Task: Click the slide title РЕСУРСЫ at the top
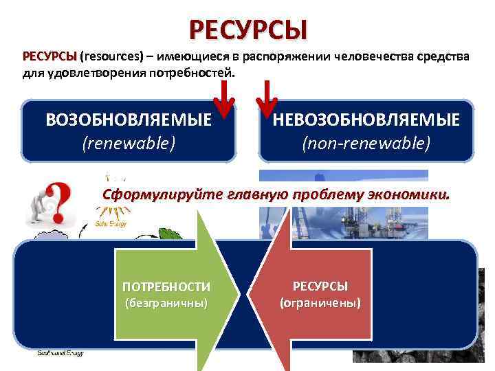click(248, 30)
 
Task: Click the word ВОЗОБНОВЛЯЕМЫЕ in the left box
click(129, 120)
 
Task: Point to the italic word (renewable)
click(129, 143)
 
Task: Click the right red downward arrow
click(267, 100)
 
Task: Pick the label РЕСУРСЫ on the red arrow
click(320, 286)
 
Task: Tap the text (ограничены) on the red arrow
click(320, 303)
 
